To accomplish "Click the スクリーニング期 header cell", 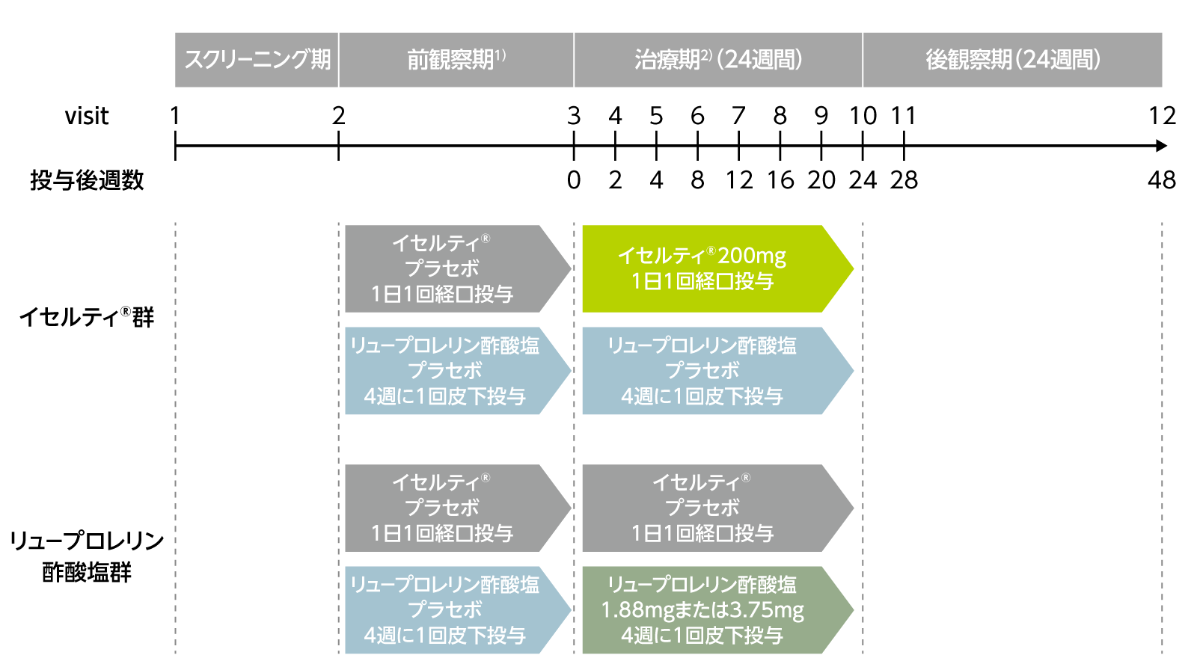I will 257,60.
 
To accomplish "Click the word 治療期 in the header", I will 667,60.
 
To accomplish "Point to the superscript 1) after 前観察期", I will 500,55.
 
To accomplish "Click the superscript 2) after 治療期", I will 706,55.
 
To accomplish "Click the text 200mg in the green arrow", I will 752,256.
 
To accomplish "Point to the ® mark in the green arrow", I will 711,250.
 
